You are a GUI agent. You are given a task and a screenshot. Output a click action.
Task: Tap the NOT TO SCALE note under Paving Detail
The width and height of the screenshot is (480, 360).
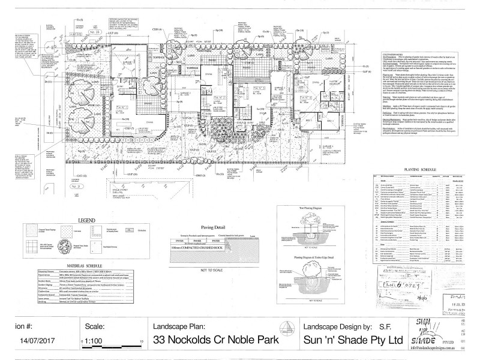[201, 271]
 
